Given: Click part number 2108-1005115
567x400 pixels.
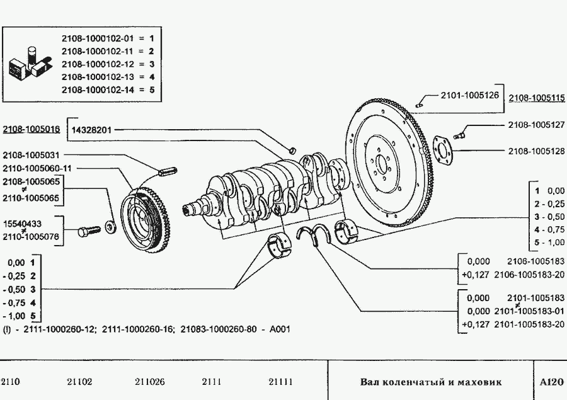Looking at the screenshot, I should point(537,98).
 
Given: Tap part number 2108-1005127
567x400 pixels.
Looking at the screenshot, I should point(537,125).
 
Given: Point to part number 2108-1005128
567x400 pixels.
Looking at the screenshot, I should point(537,151).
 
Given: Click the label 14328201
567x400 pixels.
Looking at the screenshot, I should point(92,130).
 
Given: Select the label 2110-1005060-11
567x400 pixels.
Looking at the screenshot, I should point(37,168).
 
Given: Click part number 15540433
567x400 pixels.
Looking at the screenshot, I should point(23,223).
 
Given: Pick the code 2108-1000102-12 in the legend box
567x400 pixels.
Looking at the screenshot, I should point(99,64).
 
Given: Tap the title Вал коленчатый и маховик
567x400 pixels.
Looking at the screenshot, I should point(431,382).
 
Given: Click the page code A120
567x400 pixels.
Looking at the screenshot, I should point(552,382).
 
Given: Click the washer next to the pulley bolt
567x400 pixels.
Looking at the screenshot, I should point(110,227).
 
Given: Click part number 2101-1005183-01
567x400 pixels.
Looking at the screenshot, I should point(530,311).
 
